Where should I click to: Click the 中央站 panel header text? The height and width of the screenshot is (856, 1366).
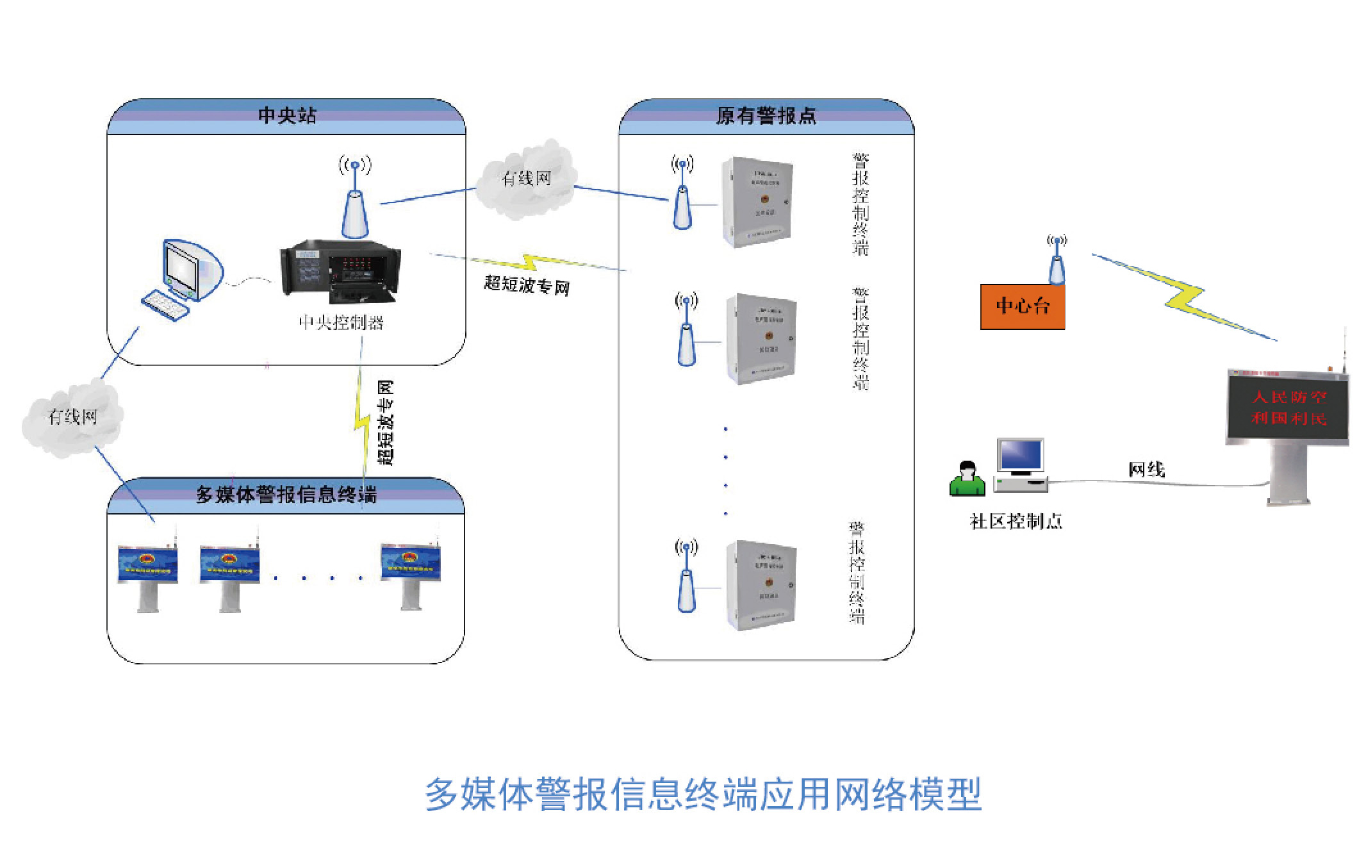tap(286, 115)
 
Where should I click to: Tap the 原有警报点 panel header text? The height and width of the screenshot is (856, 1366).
tap(766, 115)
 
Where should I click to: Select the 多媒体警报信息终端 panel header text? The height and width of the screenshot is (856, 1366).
tap(286, 495)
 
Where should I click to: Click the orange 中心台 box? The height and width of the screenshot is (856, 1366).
tap(1023, 306)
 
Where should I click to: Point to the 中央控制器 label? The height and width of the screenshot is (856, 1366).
tap(341, 322)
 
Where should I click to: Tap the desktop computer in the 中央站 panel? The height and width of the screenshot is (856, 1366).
tap(182, 279)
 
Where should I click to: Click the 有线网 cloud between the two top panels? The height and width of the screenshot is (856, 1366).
tap(527, 179)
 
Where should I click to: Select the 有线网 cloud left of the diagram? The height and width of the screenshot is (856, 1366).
tap(72, 417)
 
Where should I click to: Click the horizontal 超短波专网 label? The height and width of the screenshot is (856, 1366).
tap(527, 285)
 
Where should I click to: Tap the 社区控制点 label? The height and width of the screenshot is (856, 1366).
tap(1016, 522)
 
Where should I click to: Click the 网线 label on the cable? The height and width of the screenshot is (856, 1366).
tap(1146, 470)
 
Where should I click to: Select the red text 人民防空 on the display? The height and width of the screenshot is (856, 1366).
tap(1288, 397)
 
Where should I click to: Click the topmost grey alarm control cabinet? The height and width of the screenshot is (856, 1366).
tap(757, 201)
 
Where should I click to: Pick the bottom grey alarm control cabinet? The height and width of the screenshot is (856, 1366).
tap(761, 584)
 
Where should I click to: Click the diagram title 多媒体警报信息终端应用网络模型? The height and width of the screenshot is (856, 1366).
tap(703, 794)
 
